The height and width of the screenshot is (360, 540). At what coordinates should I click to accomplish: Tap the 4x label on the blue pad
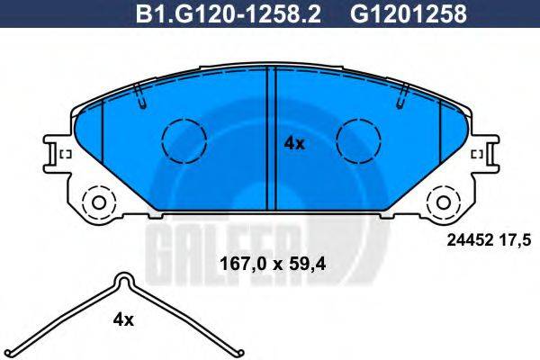(x=294, y=142)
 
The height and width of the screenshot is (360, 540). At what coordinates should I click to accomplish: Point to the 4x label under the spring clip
(x=122, y=319)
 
